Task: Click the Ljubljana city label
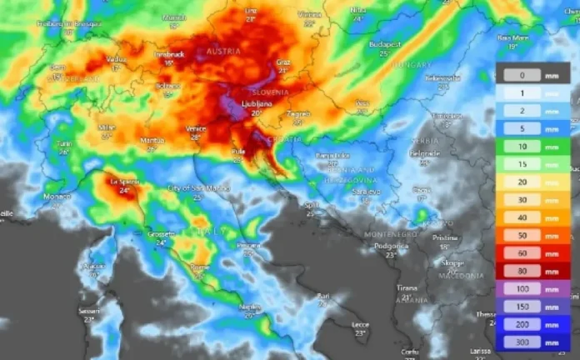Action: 257,103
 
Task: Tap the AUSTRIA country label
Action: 222,52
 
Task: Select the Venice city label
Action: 197,128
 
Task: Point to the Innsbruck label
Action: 168,54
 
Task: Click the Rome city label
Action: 199,267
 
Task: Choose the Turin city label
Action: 64,143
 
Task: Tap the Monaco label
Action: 57,197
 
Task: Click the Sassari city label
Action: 88,310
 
